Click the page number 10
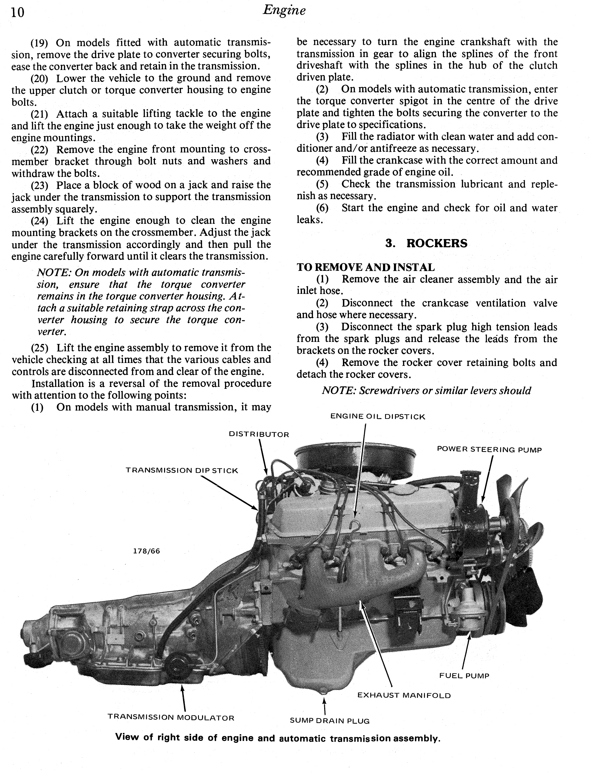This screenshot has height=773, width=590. (x=17, y=13)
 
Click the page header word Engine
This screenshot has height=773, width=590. (x=284, y=10)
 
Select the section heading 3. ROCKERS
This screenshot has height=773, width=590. (x=426, y=243)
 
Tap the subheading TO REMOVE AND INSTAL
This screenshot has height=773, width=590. (x=366, y=267)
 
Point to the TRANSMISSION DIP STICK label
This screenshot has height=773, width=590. (x=182, y=470)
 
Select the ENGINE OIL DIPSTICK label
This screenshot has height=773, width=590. (x=378, y=417)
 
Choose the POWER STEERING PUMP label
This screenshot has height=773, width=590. (x=489, y=450)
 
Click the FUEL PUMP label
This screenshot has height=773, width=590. (x=464, y=676)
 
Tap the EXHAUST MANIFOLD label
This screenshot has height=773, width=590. (x=404, y=695)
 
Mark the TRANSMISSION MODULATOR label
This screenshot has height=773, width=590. (x=171, y=718)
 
